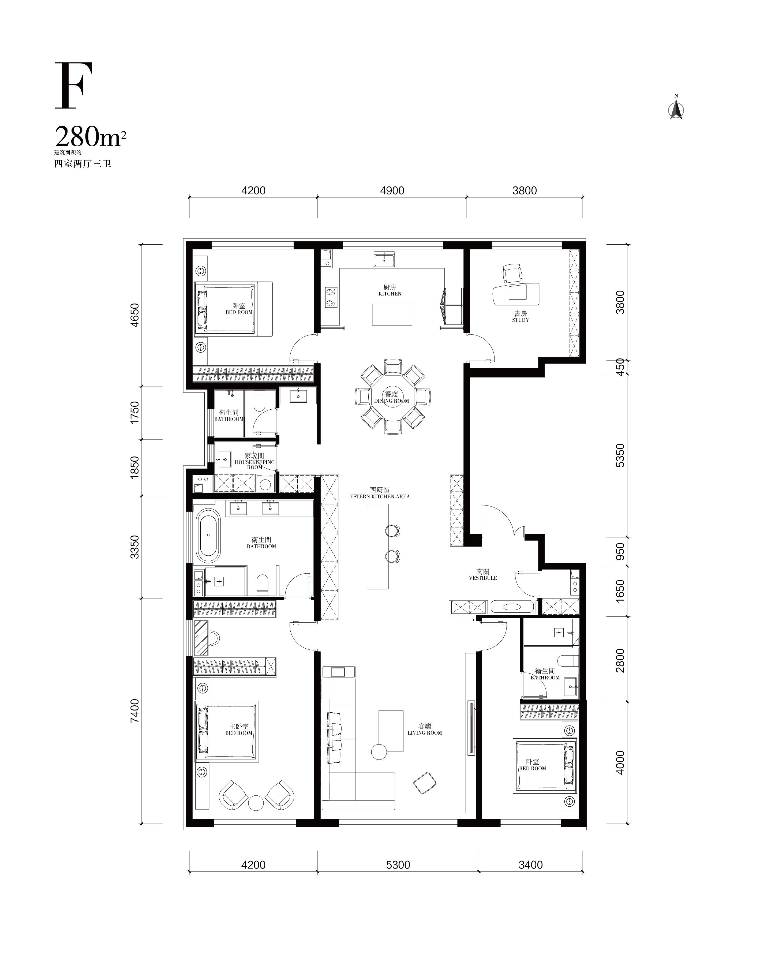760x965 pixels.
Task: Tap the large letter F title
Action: coord(74,85)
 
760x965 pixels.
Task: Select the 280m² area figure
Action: coord(90,137)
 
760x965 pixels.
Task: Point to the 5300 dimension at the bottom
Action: coord(398,865)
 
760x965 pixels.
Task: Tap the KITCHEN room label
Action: coord(390,294)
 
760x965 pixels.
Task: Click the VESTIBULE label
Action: coord(483,578)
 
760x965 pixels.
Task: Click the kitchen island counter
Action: coord(392,315)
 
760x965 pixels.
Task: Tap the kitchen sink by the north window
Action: coord(384,259)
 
